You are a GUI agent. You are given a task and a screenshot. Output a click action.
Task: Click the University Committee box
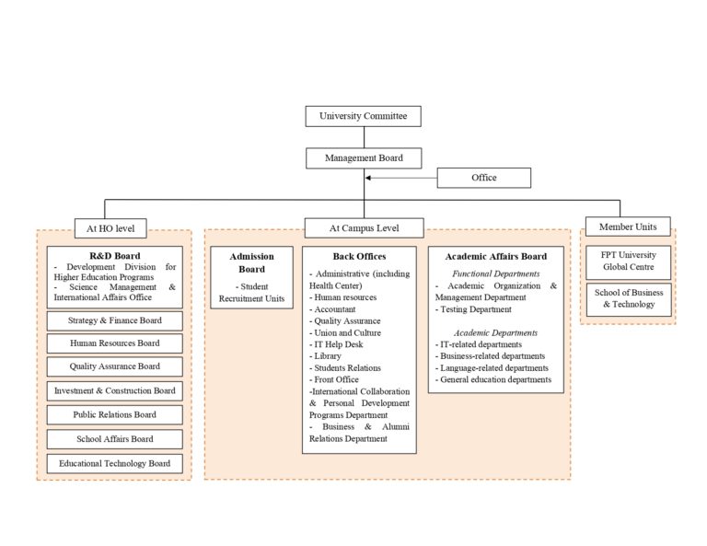(x=363, y=116)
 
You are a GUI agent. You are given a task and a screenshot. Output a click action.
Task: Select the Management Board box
(x=363, y=158)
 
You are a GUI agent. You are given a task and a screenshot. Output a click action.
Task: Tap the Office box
(x=483, y=178)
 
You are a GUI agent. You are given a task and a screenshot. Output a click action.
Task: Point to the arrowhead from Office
(x=369, y=178)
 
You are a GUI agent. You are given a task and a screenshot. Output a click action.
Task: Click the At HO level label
(x=110, y=227)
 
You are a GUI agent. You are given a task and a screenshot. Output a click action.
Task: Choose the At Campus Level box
(x=364, y=227)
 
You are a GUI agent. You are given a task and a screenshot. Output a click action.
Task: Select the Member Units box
(x=628, y=227)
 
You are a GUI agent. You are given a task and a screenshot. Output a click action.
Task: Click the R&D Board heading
(x=114, y=255)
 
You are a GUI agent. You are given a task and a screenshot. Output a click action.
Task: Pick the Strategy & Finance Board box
(x=114, y=320)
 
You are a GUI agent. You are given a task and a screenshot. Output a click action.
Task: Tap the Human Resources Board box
(x=114, y=343)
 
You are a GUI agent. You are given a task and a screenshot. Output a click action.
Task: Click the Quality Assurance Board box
(x=114, y=366)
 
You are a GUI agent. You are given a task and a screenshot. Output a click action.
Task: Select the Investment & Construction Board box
(x=114, y=390)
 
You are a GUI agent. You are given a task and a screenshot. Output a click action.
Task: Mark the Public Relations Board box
(x=114, y=414)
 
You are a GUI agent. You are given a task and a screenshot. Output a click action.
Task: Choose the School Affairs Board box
(x=114, y=439)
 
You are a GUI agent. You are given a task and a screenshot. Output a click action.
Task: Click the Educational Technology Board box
(x=114, y=463)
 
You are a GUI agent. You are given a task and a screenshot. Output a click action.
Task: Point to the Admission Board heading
(x=251, y=262)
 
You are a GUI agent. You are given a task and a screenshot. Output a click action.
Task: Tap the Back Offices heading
(x=359, y=256)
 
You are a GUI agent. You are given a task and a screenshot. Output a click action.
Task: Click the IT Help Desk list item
(x=339, y=344)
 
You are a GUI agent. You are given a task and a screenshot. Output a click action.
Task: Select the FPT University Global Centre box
(x=628, y=261)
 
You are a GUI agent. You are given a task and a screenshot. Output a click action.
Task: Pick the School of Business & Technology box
(x=628, y=298)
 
